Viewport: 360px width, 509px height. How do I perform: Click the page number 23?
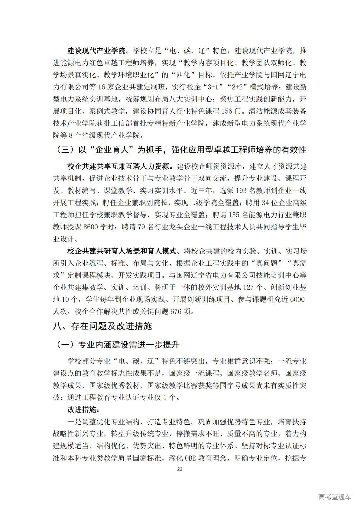(180, 469)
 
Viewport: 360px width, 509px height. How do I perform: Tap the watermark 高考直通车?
(335, 497)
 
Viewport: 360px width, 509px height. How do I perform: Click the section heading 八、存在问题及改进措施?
(102, 326)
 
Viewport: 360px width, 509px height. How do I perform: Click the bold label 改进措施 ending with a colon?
(83, 410)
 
